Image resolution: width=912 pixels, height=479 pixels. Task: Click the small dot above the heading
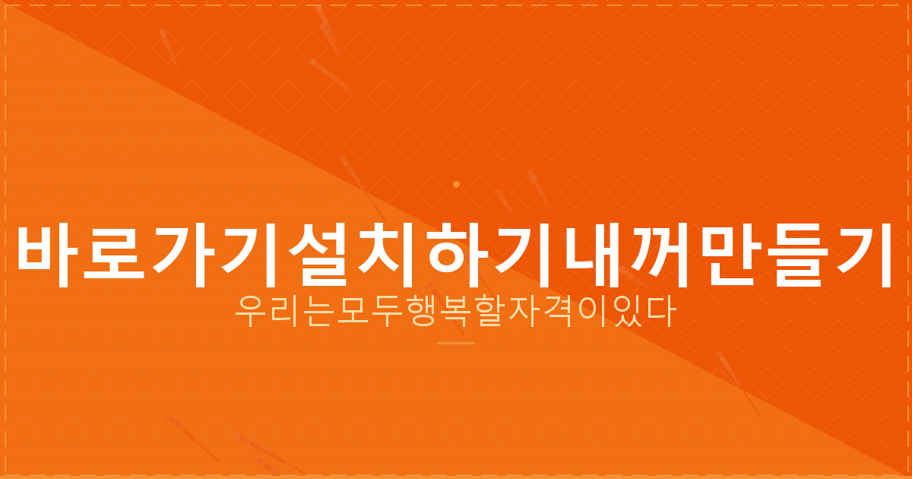pos(456,184)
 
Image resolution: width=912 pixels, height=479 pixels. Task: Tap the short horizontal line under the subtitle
pos(456,343)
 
